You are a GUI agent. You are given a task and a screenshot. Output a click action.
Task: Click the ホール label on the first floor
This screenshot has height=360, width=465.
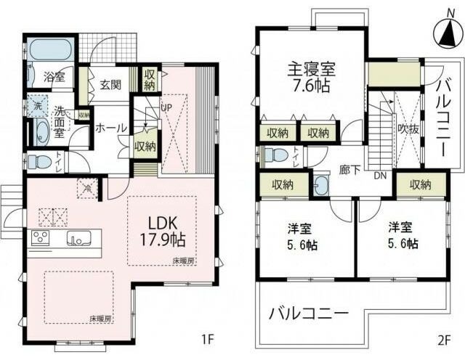pyautogui.click(x=110, y=128)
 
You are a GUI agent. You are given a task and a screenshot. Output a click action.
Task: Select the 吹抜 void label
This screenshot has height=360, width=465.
pyautogui.click(x=406, y=129)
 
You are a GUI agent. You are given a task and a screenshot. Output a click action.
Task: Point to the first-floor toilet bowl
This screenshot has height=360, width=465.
pyautogui.click(x=38, y=160)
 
